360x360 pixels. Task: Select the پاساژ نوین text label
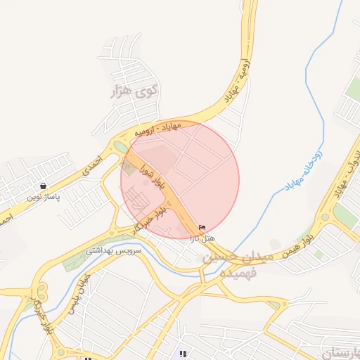click(x=44, y=198)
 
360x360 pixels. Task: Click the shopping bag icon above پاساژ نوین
click(x=44, y=186)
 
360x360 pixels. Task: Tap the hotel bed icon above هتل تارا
click(x=202, y=228)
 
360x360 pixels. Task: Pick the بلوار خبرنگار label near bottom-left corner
click(x=39, y=317)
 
